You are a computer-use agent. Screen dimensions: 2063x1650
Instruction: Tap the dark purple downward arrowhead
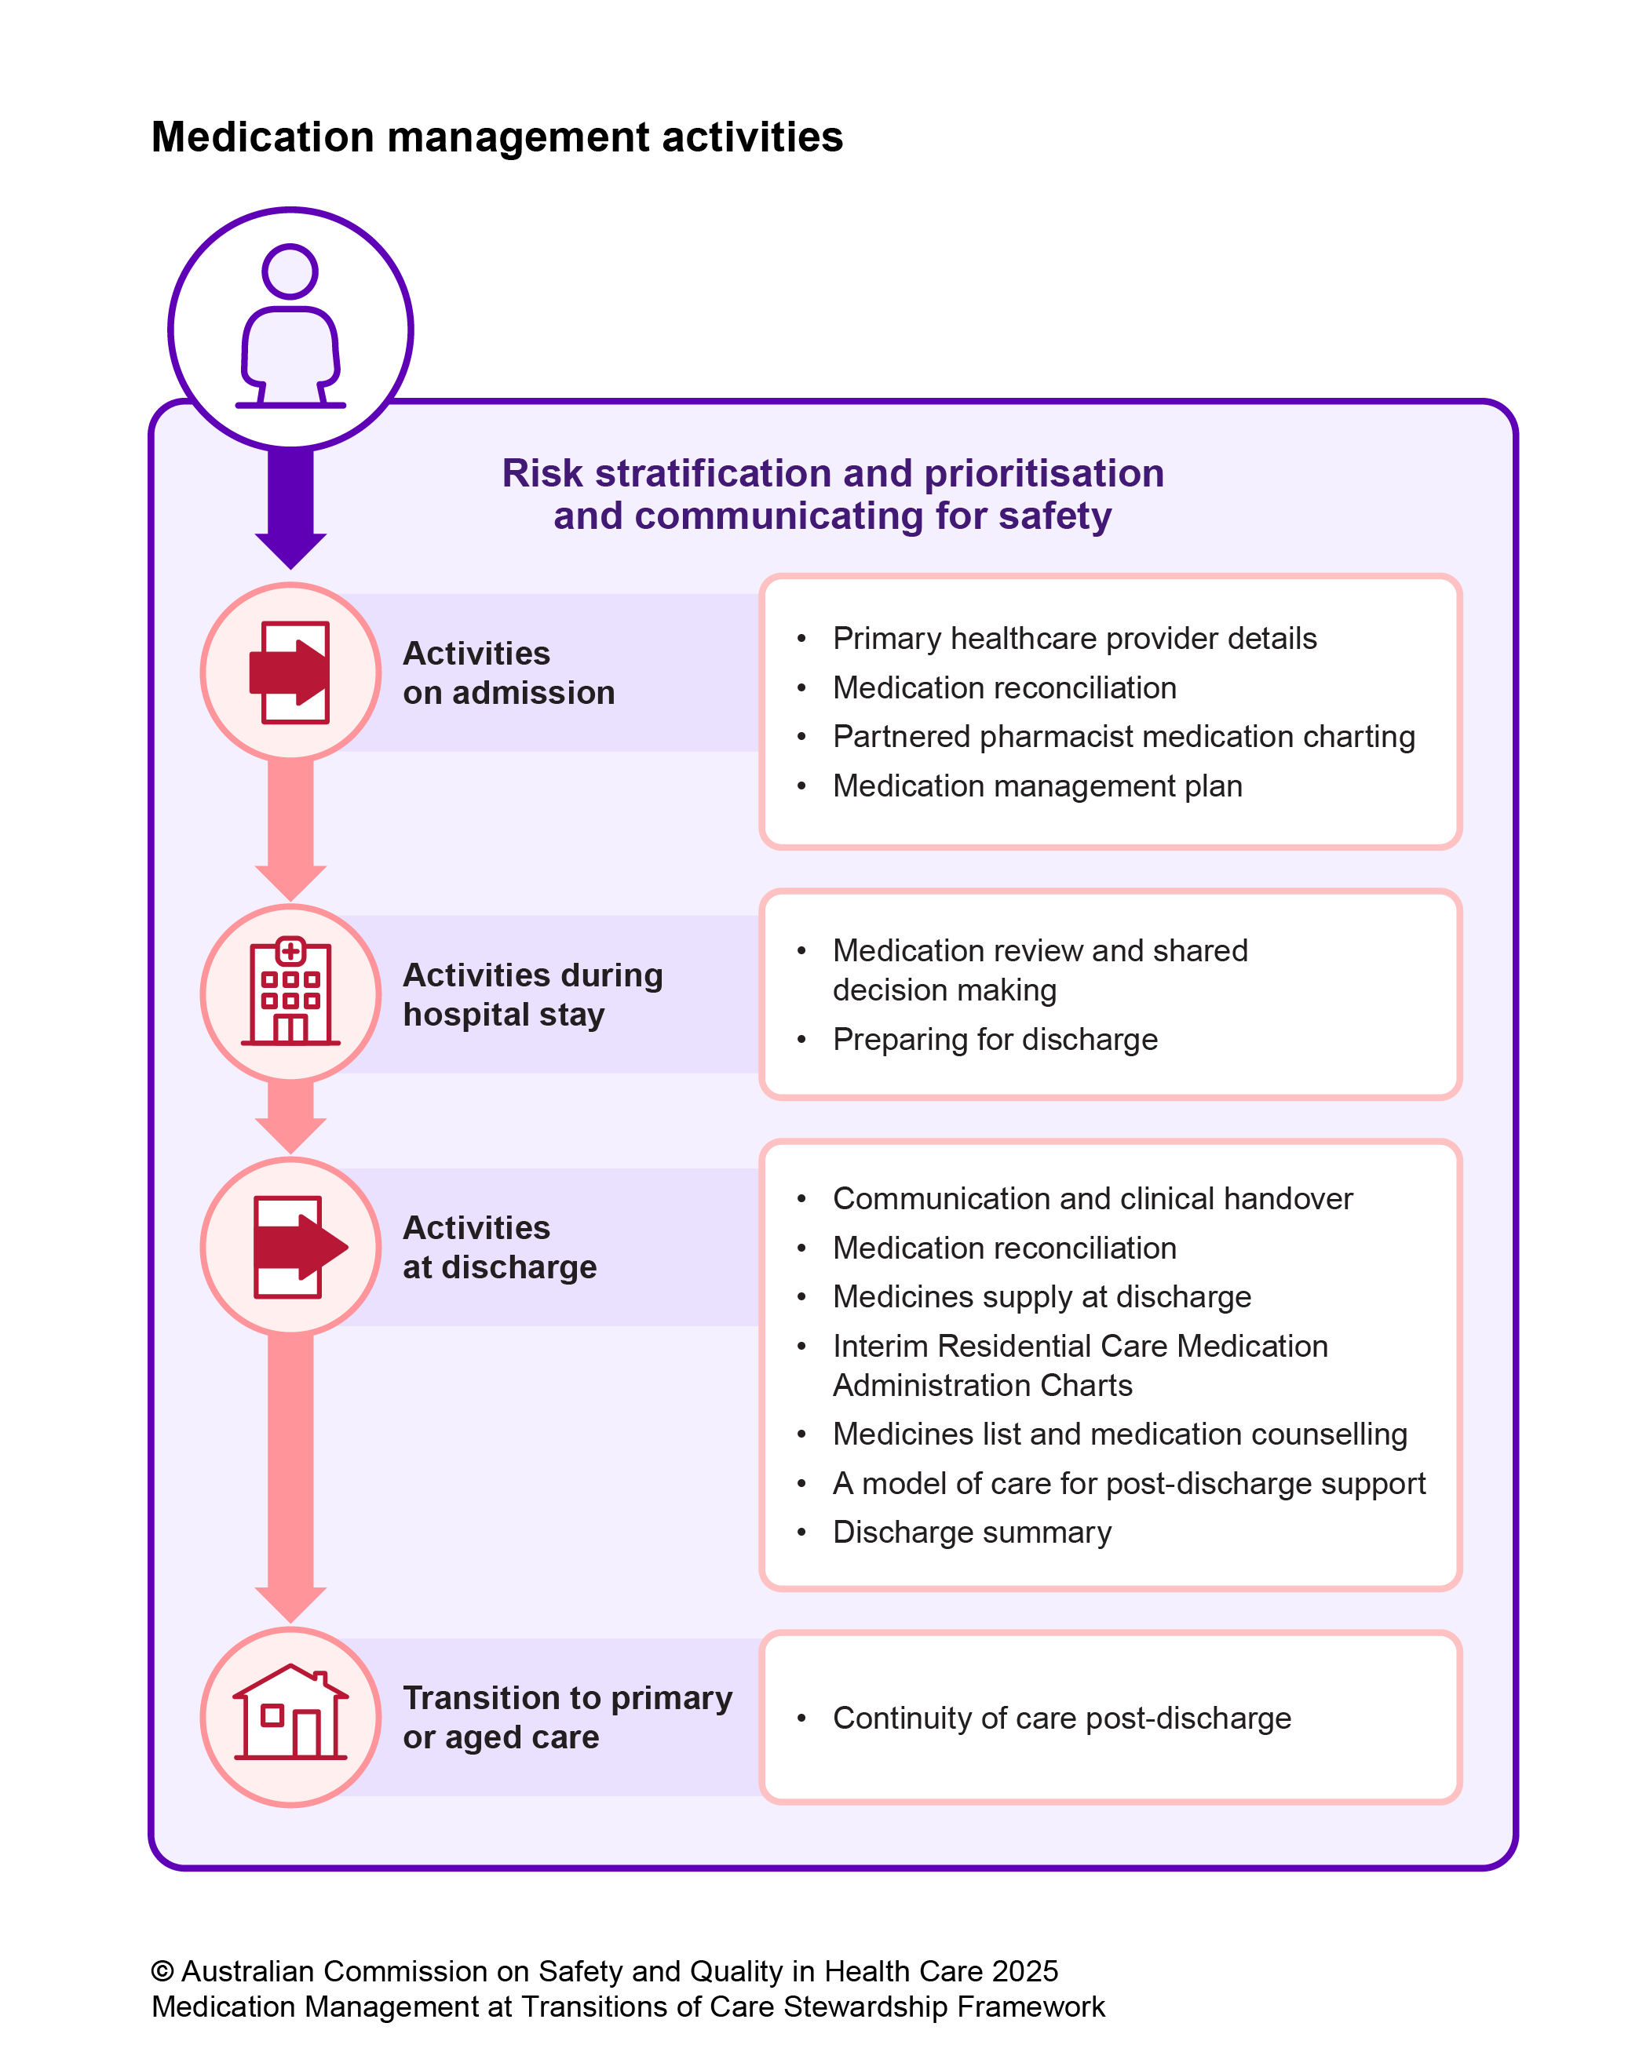pos(290,549)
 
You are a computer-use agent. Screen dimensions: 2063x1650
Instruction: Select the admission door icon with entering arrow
pos(290,672)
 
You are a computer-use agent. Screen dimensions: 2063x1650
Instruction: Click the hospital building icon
pos(290,993)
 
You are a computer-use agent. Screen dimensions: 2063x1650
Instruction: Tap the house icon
pos(290,1715)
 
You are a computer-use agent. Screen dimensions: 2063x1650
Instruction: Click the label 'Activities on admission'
pos(508,672)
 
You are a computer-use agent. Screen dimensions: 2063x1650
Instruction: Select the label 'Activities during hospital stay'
pos(532,993)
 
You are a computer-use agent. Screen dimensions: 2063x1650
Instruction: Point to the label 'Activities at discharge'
pos(498,1247)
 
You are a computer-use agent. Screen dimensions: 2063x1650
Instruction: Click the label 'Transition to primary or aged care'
pos(567,1717)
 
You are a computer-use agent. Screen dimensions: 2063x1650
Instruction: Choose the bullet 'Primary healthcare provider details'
pos(1074,638)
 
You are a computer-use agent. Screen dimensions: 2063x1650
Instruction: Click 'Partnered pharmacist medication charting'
pos(1123,736)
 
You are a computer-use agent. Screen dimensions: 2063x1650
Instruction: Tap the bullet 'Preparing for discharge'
pos(995,1039)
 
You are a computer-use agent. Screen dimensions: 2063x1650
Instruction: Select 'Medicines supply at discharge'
pos(1042,1296)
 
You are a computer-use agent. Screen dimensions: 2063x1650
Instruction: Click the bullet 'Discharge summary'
pos(972,1532)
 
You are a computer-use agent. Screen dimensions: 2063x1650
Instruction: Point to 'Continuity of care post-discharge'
pos(1061,1718)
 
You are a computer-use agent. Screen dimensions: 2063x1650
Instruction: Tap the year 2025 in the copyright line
pos(1024,1971)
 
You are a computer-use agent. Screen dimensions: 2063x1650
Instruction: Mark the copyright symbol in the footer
pos(162,1971)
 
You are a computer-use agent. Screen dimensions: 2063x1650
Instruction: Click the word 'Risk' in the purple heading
pos(542,474)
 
